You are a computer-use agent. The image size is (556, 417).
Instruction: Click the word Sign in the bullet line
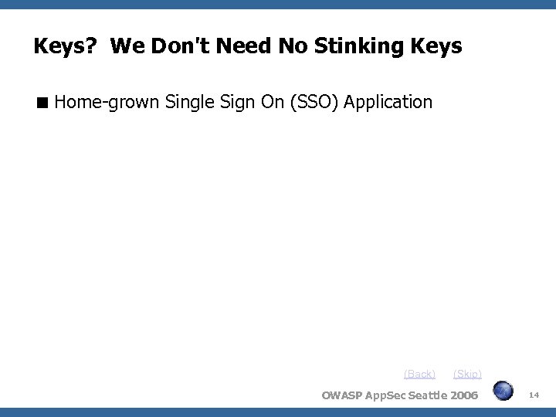(239, 101)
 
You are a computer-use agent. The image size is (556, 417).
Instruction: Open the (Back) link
(419, 374)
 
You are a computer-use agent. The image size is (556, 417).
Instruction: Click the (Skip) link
(467, 374)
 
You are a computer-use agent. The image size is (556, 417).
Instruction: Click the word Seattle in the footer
(422, 396)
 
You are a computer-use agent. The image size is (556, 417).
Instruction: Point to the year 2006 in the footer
(462, 396)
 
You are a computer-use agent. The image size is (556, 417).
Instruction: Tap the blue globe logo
(503, 391)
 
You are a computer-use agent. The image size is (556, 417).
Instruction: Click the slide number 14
(534, 395)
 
